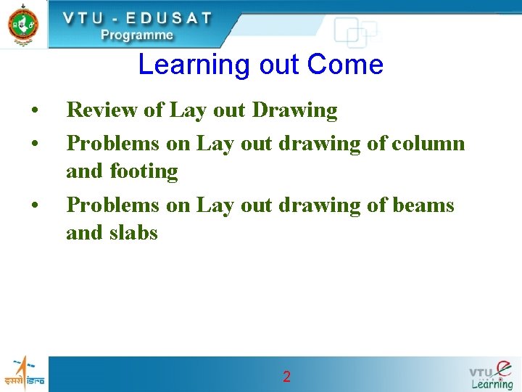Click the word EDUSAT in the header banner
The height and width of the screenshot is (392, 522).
pyautogui.click(x=167, y=18)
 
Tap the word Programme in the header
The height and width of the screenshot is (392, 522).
pyautogui.click(x=137, y=35)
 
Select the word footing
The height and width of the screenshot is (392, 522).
pyautogui.click(x=144, y=171)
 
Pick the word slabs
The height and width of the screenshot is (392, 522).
pyautogui.click(x=133, y=232)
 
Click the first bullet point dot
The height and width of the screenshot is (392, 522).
pyautogui.click(x=34, y=112)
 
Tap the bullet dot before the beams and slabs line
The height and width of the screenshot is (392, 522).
pyautogui.click(x=34, y=206)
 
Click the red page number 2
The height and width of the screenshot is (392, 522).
pyautogui.click(x=286, y=376)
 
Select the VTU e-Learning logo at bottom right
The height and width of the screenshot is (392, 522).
pyautogui.click(x=491, y=375)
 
